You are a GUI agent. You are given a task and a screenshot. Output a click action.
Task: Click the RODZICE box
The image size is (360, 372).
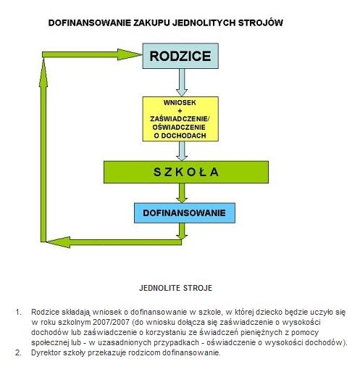point(180,56)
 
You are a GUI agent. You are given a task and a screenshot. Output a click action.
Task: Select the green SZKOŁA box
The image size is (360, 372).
point(186,172)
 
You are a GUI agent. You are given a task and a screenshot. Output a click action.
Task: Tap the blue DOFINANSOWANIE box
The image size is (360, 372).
point(185,213)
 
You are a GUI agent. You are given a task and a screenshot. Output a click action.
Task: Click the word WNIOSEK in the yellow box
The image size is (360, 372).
point(180,102)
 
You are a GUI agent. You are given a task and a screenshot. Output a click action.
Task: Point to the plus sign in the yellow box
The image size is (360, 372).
point(180,111)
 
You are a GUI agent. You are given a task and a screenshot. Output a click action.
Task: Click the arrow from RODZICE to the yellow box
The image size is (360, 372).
point(182,83)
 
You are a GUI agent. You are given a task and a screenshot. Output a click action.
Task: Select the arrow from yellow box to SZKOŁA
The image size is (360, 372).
point(182,151)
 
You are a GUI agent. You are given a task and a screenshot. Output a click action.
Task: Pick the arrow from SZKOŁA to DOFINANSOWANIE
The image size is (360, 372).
point(182,193)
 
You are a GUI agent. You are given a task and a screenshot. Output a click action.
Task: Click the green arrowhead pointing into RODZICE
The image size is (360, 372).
point(130,54)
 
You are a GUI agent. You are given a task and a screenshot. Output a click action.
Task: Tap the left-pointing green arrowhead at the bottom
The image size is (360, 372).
point(59,242)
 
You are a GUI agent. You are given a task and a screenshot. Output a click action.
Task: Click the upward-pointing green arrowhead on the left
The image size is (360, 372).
point(43,73)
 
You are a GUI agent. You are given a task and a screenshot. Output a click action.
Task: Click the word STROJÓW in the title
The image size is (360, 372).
point(260,22)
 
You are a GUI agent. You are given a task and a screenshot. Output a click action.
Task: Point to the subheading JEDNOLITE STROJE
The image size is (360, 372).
point(176,288)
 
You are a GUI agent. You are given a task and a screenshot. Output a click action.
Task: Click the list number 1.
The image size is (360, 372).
point(18,312)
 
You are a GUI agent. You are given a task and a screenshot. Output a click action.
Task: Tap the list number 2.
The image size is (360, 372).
point(18,352)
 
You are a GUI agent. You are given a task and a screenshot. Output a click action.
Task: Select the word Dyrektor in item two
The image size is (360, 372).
point(46,352)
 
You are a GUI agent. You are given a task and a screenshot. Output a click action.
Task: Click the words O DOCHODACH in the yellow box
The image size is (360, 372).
point(180,136)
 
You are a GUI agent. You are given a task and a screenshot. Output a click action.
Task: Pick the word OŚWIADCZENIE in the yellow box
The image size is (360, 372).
point(179,127)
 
